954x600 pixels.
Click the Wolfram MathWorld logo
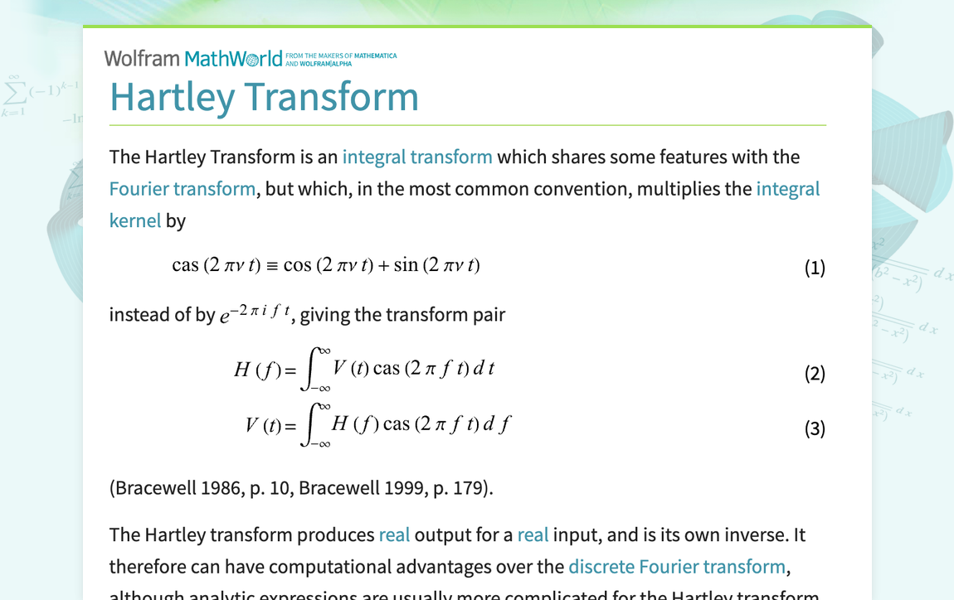[x=193, y=58]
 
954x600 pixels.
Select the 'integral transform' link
[x=417, y=157]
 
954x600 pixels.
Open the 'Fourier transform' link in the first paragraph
[x=183, y=188]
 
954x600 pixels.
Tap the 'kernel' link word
[x=135, y=220]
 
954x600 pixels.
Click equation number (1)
[x=815, y=268]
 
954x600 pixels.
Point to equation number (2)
[x=815, y=374]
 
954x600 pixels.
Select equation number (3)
[x=815, y=428]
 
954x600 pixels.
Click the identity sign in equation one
[x=271, y=266]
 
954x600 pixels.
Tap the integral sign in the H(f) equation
[x=311, y=370]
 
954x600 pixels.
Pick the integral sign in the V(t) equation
[x=311, y=425]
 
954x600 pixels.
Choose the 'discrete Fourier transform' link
[x=676, y=567]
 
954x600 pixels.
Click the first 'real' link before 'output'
[x=394, y=535]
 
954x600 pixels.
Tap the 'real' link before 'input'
[x=533, y=535]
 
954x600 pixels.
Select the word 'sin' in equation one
[x=406, y=265]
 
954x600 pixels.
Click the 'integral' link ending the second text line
[x=787, y=188]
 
